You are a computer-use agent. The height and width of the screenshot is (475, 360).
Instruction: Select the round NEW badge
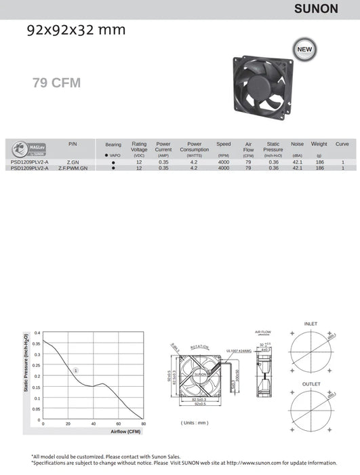(x=302, y=49)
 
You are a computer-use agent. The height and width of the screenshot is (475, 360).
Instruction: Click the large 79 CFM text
(x=56, y=83)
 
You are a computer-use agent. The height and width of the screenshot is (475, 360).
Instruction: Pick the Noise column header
(x=297, y=144)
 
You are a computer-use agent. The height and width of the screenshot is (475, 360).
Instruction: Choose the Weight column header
(x=319, y=144)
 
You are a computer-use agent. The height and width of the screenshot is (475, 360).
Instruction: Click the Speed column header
(x=224, y=144)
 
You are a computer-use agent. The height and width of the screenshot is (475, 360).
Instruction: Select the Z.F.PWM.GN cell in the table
(x=73, y=168)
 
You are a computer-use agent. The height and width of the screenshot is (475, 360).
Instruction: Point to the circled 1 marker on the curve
(x=76, y=370)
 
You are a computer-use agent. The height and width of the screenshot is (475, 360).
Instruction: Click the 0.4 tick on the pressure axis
(x=37, y=333)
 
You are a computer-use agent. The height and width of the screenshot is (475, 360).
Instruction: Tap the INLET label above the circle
(x=311, y=324)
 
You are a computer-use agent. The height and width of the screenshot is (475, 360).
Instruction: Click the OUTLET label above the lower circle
(x=311, y=383)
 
